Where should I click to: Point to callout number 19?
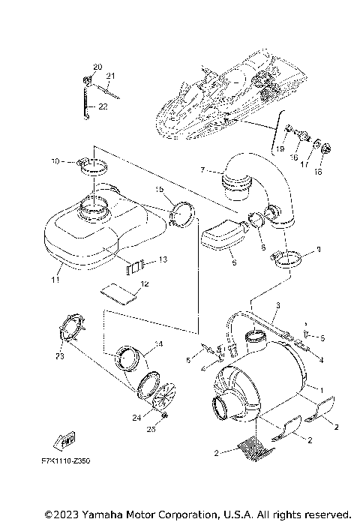280,149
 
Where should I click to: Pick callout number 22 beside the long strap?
103,107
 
